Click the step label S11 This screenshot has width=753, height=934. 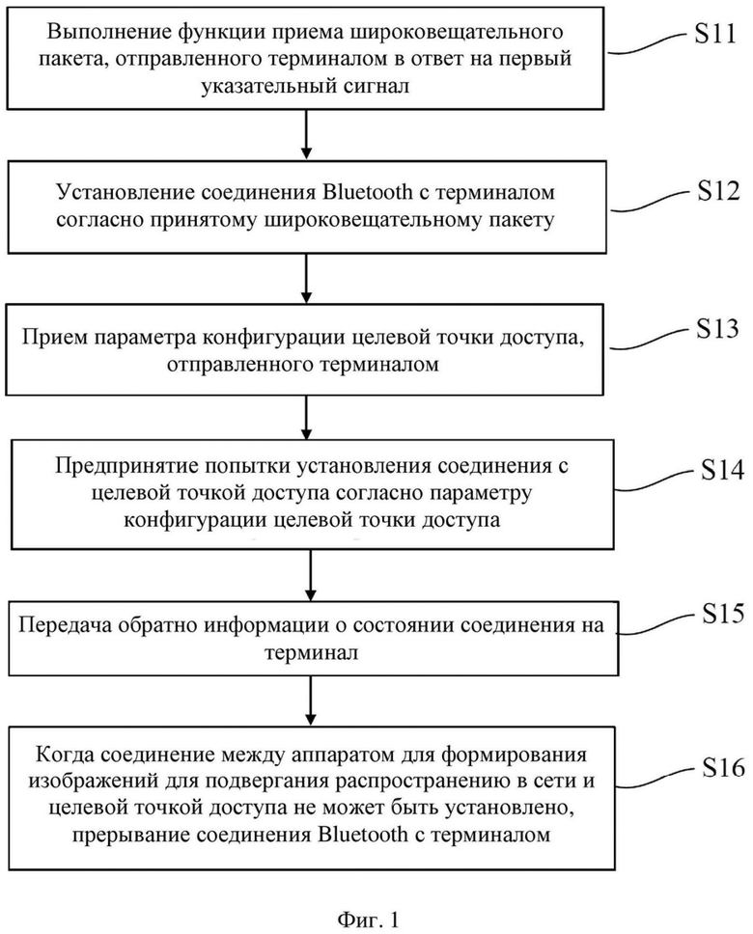click(x=714, y=34)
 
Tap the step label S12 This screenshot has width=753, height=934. click(x=718, y=191)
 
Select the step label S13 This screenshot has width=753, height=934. click(x=717, y=328)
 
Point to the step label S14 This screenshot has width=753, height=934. click(x=722, y=470)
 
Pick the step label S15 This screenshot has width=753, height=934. click(x=723, y=613)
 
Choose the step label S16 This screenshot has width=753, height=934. click(x=723, y=767)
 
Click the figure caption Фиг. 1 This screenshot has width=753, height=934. click(x=367, y=920)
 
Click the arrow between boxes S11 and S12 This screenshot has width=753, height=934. click(x=306, y=135)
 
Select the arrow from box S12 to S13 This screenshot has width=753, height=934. click(x=306, y=279)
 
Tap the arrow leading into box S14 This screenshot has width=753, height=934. click(x=306, y=418)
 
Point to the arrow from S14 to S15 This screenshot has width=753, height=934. click(x=310, y=575)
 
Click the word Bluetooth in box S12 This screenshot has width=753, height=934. click(x=367, y=192)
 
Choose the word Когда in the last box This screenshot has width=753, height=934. click(x=63, y=755)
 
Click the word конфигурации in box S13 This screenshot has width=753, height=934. click(x=277, y=338)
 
